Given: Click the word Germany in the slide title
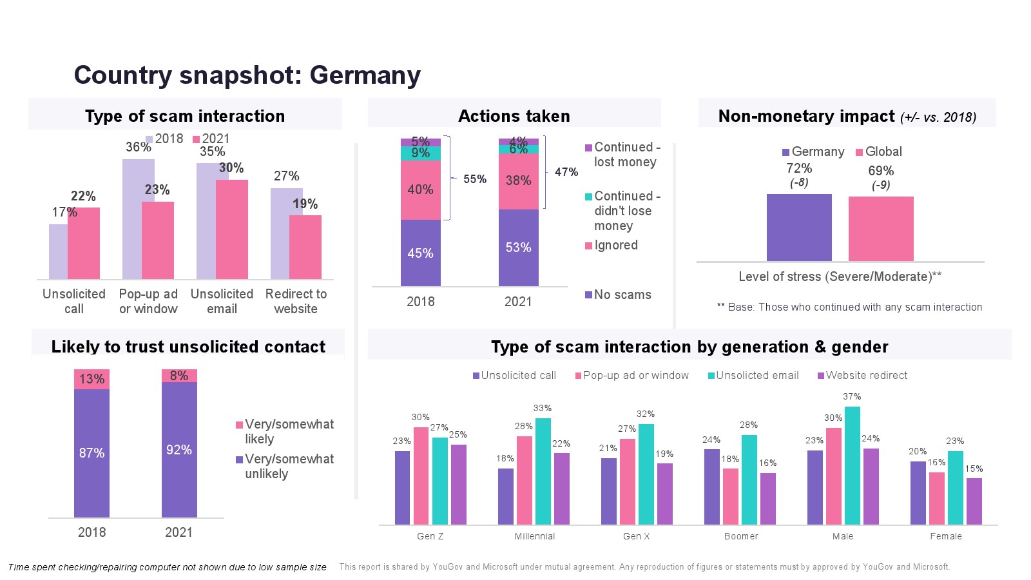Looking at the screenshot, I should coord(365,75).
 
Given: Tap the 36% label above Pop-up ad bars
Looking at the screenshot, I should coord(138,147).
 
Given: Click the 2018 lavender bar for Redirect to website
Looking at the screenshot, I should coord(280,232).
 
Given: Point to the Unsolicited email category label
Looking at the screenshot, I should coord(222,301).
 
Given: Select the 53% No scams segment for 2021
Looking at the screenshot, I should coord(518,247).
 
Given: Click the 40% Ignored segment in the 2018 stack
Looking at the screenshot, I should coord(420,189).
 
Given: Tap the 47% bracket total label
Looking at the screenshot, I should coord(566,172).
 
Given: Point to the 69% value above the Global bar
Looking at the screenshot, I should coord(881,171).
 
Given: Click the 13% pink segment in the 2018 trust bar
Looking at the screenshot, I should coord(92,379).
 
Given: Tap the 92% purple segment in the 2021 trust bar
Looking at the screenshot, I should coord(179,450).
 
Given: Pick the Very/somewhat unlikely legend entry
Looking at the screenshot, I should coord(289,466).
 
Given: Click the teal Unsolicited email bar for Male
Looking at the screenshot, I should coord(852,465).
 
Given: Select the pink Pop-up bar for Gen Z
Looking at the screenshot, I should coord(421,476).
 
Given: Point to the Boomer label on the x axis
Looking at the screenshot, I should coord(741,536).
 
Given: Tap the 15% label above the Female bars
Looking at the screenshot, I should coord(974,469).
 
